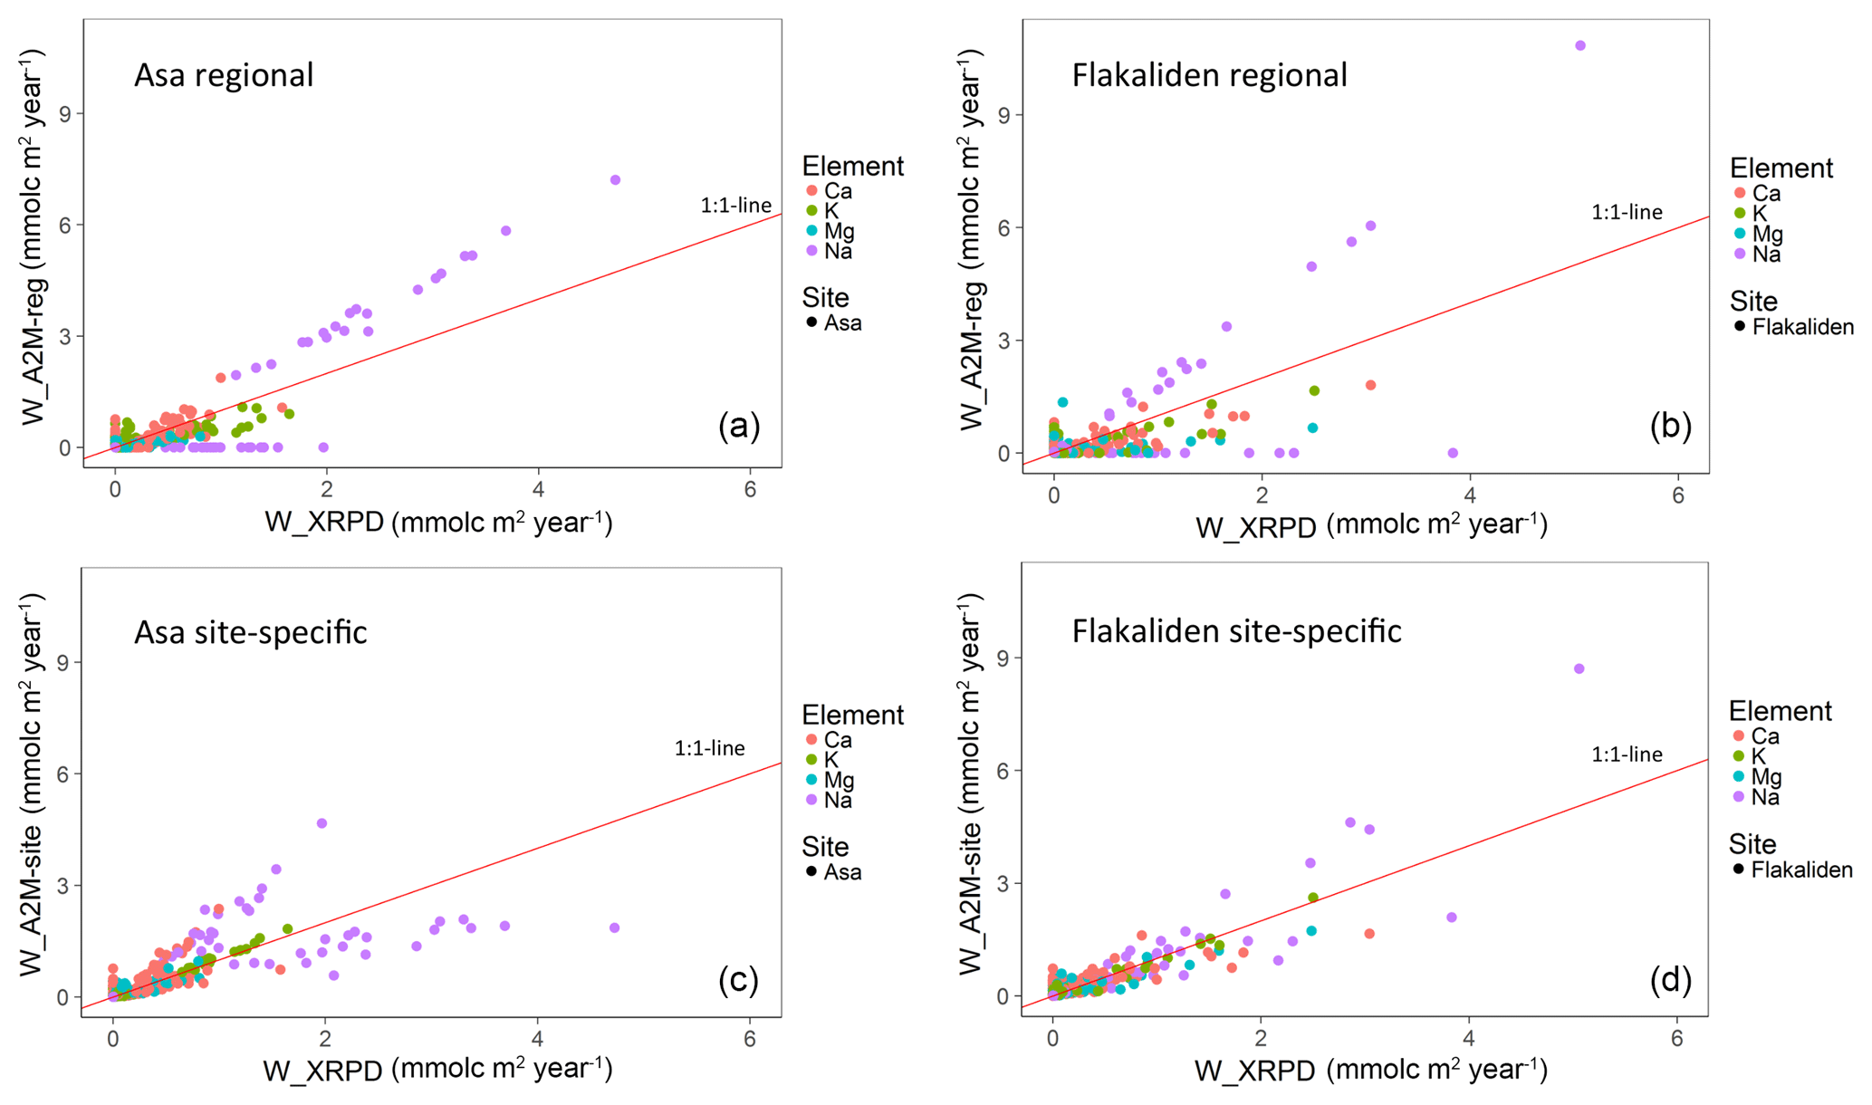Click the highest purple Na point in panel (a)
(x=615, y=180)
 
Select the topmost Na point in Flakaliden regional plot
(x=1580, y=45)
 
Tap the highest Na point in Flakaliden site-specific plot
(x=1579, y=668)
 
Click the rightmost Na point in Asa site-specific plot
(x=614, y=927)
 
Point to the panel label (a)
(x=739, y=425)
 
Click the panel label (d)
(x=1670, y=979)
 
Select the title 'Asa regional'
(x=224, y=75)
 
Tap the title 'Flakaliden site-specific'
(x=1236, y=631)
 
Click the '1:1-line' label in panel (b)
(x=1627, y=213)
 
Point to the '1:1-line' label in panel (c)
(x=709, y=748)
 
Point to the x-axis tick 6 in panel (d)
(x=1676, y=1039)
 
